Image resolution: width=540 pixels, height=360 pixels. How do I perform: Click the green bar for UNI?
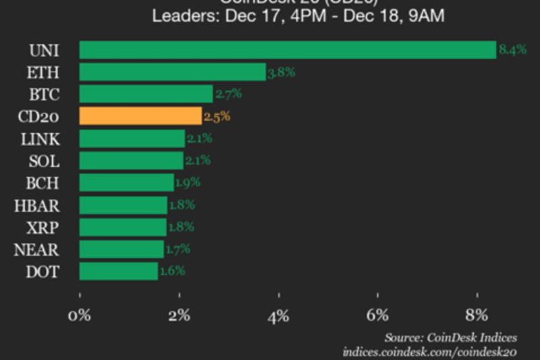point(288,50)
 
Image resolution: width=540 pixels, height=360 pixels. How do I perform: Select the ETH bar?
point(172,72)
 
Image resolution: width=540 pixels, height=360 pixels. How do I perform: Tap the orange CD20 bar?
point(140,116)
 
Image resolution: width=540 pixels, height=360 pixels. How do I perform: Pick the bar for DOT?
point(118,272)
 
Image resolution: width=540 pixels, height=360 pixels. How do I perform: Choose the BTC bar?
point(146,94)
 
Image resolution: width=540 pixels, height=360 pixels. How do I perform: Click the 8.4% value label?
point(512,50)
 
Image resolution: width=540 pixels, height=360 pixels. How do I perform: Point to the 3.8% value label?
point(281,72)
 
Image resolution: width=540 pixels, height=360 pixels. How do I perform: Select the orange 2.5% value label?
point(217,116)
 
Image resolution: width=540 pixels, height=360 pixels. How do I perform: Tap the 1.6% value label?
point(171,272)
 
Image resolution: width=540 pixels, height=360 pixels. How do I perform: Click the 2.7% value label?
point(227,94)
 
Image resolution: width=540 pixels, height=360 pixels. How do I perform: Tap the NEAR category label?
point(36,250)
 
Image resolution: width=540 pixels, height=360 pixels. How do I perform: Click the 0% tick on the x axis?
point(80,315)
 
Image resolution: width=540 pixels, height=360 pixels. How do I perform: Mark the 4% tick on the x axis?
point(278,315)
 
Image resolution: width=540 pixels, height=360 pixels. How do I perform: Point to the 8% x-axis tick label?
point(477,315)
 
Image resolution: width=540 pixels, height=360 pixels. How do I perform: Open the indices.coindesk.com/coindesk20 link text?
point(430,352)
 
